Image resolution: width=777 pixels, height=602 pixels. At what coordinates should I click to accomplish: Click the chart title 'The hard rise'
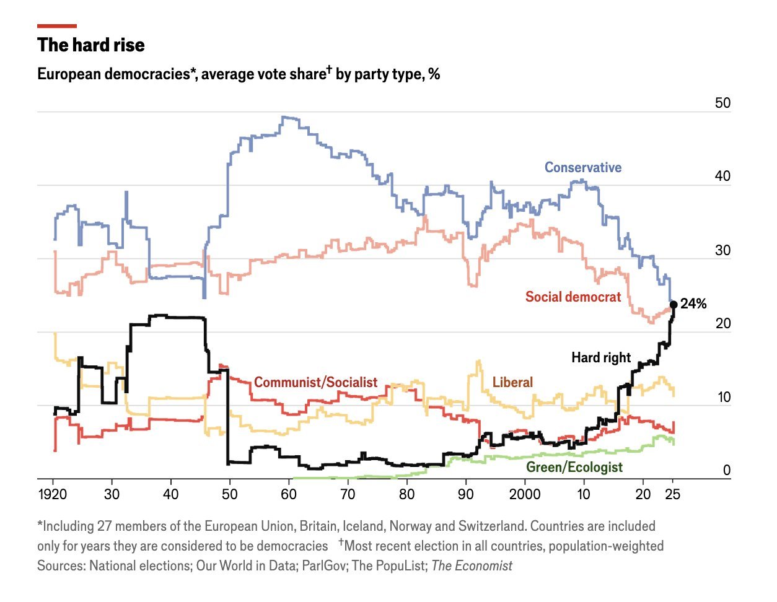(90, 45)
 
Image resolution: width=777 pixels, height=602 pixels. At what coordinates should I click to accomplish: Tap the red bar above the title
(57, 26)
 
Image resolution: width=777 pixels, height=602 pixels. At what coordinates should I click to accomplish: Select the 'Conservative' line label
(582, 167)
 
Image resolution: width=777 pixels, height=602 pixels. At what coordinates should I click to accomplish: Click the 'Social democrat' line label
(573, 297)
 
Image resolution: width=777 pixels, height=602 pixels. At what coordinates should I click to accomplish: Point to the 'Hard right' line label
(600, 357)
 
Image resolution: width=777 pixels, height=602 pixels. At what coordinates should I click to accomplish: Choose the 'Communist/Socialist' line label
(315, 382)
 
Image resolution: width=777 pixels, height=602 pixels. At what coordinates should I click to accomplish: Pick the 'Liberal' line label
(512, 382)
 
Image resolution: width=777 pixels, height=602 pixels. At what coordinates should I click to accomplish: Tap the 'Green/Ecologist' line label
(574, 467)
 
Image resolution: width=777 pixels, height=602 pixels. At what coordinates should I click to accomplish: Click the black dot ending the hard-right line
(673, 304)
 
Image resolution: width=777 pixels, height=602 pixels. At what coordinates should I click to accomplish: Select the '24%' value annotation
(693, 303)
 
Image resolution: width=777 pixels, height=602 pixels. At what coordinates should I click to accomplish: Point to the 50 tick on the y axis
(722, 103)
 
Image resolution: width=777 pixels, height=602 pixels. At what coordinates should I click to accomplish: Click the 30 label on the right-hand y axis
(722, 251)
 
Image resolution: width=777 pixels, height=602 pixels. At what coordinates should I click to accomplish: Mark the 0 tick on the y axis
(727, 470)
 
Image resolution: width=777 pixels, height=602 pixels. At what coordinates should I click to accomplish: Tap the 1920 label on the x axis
(53, 494)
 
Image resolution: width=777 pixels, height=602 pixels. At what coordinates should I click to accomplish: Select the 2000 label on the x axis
(525, 494)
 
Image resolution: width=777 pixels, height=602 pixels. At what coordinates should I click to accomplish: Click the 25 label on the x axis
(673, 494)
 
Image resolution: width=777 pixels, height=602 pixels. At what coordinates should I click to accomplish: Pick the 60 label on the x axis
(289, 494)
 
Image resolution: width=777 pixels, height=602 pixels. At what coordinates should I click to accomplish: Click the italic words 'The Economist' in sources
(472, 565)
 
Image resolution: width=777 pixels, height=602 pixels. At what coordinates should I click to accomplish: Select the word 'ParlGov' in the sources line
(324, 565)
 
